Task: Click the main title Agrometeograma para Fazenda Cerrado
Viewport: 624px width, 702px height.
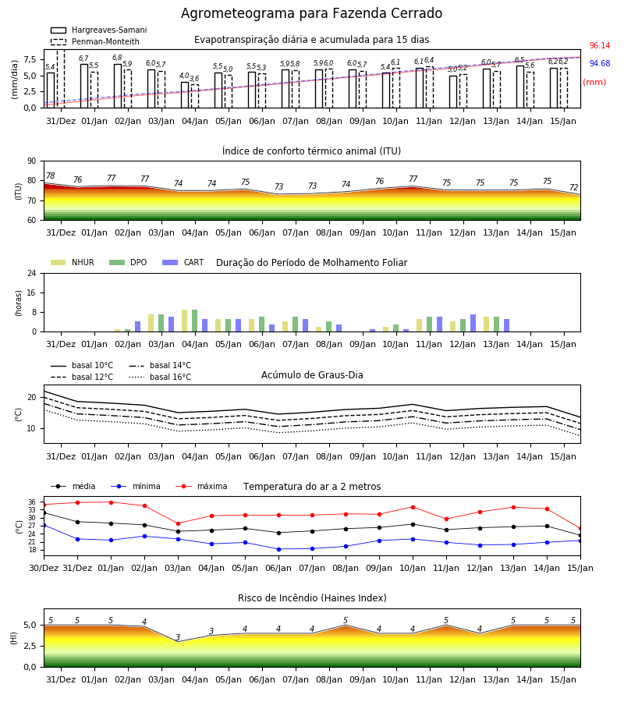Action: [x=311, y=13]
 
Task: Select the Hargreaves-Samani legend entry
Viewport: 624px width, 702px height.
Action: [x=98, y=30]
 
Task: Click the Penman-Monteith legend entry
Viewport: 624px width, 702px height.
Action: [x=95, y=41]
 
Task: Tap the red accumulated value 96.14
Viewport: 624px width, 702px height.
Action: [x=600, y=46]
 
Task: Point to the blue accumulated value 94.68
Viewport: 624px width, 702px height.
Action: [x=600, y=64]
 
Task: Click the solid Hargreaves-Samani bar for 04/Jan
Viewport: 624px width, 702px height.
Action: [x=185, y=95]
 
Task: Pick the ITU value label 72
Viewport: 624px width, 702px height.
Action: [x=573, y=187]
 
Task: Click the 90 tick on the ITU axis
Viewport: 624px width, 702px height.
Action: [x=32, y=161]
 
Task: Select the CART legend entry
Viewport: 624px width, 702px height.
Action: [x=183, y=262]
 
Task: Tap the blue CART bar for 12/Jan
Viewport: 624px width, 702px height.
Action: [x=473, y=323]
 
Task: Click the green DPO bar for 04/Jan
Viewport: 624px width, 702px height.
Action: [x=195, y=321]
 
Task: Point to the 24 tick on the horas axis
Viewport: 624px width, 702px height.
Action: [x=32, y=274]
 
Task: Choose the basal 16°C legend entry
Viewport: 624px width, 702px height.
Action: [x=160, y=377]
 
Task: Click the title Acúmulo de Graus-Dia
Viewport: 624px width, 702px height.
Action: [x=312, y=375]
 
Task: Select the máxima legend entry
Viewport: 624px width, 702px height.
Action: [x=201, y=486]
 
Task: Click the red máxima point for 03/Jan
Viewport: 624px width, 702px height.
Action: [x=178, y=523]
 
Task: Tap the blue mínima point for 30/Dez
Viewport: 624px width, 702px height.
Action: [x=44, y=525]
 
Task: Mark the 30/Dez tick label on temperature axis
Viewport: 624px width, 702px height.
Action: [x=44, y=568]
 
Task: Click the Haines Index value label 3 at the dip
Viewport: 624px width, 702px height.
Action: [x=178, y=637]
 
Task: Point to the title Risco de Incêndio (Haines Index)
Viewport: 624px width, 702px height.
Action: [x=312, y=598]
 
